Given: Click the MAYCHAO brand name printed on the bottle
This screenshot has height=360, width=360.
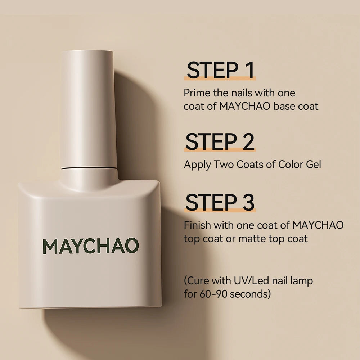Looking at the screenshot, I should (x=91, y=246).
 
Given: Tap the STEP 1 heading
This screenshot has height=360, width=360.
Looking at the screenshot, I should (x=220, y=70).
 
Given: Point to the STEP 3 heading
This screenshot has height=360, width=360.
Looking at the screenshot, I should (x=220, y=202).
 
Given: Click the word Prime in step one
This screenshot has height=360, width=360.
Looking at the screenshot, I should (x=196, y=93).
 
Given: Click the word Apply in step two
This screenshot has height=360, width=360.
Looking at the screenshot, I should (x=197, y=165).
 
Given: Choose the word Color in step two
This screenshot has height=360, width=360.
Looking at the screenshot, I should (x=290, y=165).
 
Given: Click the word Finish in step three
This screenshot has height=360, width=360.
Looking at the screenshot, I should (x=197, y=225).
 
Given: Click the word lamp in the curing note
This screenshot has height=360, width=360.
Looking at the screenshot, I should (x=301, y=281).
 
